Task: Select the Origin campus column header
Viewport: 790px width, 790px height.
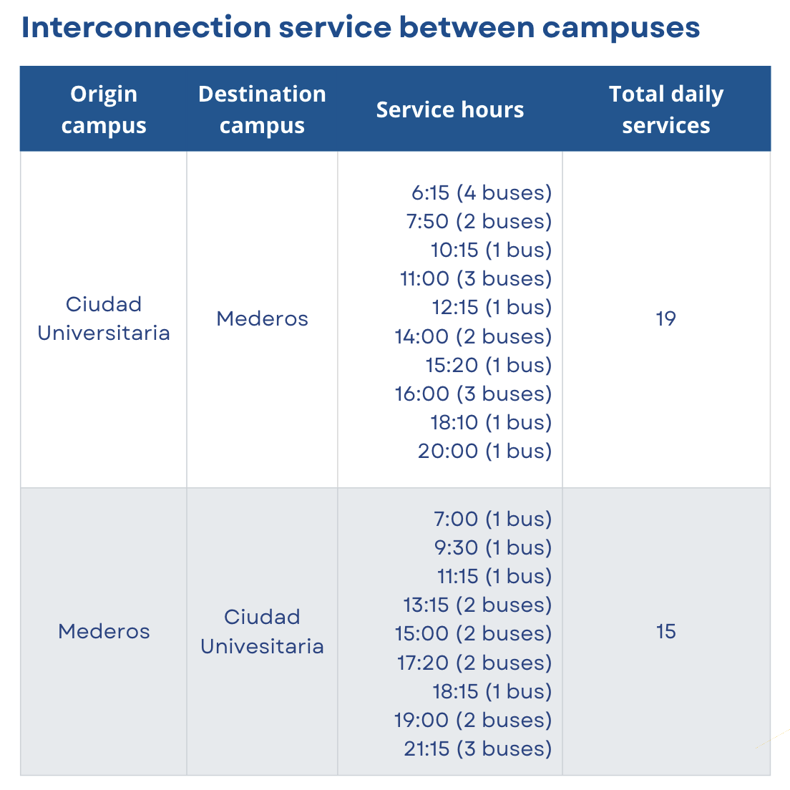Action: point(104,109)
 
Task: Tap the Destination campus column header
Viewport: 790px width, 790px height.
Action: point(262,109)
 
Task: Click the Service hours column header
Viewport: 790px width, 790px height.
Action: point(450,109)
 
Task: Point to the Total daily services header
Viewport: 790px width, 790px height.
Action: point(666,109)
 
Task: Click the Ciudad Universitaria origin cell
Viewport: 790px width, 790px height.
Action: point(104,318)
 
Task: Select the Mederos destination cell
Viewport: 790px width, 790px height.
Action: point(262,318)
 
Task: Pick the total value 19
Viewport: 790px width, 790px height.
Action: point(665,318)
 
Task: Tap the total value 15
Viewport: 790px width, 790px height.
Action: point(665,631)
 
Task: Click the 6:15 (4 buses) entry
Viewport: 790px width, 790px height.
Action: point(482,192)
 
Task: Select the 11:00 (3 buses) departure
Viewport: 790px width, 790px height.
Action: point(476,278)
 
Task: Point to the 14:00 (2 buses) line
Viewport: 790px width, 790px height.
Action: point(473,336)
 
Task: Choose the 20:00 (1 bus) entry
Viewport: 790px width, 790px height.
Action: point(484,451)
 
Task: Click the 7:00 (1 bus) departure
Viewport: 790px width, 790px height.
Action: point(493,518)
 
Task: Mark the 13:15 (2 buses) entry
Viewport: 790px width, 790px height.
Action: point(477,605)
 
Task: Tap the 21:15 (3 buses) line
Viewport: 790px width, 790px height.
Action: point(477,748)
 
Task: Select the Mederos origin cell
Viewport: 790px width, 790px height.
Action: point(104,631)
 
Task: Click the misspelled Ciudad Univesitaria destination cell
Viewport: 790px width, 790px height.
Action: point(262,631)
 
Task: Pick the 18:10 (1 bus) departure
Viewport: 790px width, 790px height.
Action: point(491,422)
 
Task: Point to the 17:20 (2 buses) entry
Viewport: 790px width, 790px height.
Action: point(474,663)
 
